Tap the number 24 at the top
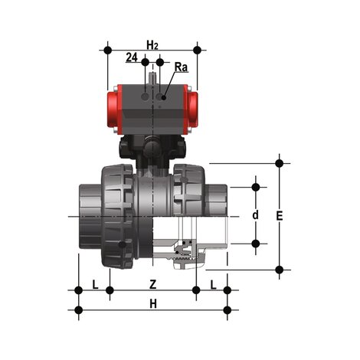click(132, 58)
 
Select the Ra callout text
click(180, 67)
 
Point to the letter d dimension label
click(255, 215)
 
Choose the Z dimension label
click(152, 284)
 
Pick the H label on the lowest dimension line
click(152, 304)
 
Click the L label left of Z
click(94, 284)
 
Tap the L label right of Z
click(213, 284)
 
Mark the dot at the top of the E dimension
click(280, 162)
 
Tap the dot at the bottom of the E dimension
click(280, 269)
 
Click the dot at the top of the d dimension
click(256, 186)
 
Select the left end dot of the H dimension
click(78, 310)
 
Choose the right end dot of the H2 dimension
click(197, 50)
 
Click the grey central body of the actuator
click(153, 107)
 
